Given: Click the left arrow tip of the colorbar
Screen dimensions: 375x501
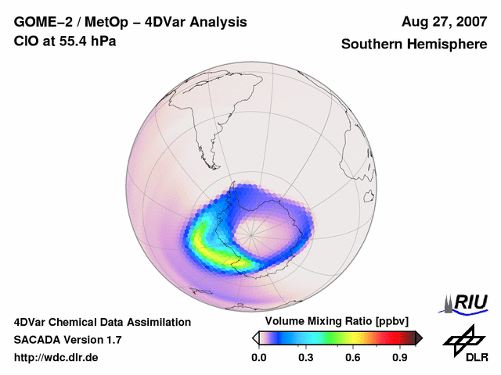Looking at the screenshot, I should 254,337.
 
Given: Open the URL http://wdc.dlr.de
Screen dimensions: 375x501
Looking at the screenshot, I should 56,357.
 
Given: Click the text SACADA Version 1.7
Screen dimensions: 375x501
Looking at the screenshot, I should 67,340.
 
